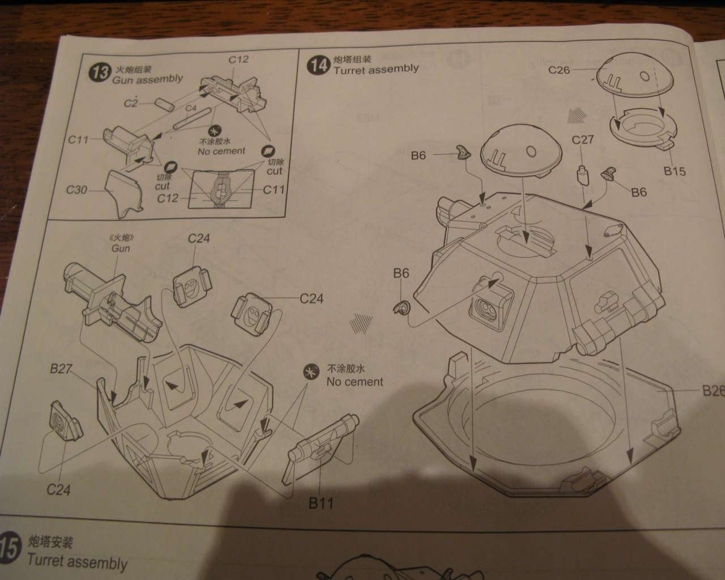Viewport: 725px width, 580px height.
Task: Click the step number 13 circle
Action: tap(101, 73)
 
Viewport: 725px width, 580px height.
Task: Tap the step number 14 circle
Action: tap(318, 65)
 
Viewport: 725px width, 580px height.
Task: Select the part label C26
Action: tap(559, 70)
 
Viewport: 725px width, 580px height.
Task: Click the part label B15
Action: tap(675, 171)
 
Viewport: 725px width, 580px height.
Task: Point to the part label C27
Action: tap(583, 140)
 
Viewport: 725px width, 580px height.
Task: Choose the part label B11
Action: tap(321, 502)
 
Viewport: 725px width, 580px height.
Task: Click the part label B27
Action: tap(61, 369)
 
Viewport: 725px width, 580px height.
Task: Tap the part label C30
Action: tap(77, 190)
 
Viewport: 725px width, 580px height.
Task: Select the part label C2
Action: tap(131, 103)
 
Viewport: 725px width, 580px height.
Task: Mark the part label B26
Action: tap(713, 390)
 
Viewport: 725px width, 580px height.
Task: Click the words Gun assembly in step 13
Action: tap(147, 80)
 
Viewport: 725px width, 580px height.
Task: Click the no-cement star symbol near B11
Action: tap(311, 372)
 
